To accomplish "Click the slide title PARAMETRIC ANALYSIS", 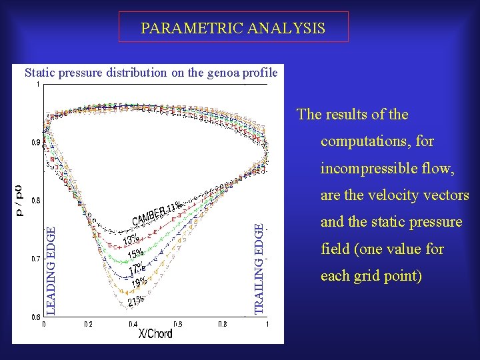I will pos(233,28).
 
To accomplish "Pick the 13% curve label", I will pos(131,239).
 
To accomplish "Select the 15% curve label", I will pos(135,254).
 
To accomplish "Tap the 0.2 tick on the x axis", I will pos(88,323).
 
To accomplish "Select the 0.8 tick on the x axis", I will pos(222,323).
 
